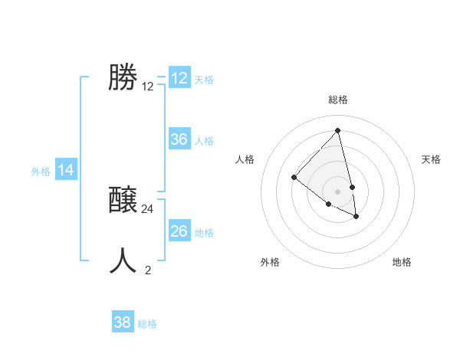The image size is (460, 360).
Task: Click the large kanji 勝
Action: point(122,77)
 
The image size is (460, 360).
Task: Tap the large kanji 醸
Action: point(123,201)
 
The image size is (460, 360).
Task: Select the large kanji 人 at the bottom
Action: point(123,260)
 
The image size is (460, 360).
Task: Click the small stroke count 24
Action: point(148,208)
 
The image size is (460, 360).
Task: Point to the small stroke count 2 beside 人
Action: point(148,270)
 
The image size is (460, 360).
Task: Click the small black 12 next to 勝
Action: point(148,87)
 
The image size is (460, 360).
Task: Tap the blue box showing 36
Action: point(179,139)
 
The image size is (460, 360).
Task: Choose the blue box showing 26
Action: point(179,231)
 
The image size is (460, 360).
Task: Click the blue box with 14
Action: point(66,171)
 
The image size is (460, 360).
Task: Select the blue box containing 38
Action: point(123,322)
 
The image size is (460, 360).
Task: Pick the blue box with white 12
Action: point(179,78)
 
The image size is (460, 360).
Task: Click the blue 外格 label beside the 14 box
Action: point(41,172)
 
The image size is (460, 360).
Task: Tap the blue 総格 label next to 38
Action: point(147,324)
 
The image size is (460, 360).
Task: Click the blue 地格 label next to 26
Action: point(204,233)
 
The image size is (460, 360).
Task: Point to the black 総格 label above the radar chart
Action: point(338,100)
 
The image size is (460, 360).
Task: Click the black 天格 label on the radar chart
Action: point(432,159)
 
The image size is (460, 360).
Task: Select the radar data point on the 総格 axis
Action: point(338,131)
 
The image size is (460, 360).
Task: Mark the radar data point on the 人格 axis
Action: point(294,177)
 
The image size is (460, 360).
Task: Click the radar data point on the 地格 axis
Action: point(356,217)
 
